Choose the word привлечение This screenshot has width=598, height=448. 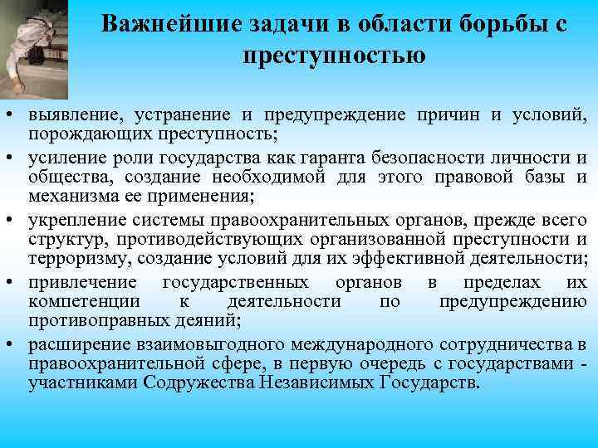click(x=79, y=283)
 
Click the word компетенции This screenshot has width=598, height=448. click(x=76, y=302)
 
